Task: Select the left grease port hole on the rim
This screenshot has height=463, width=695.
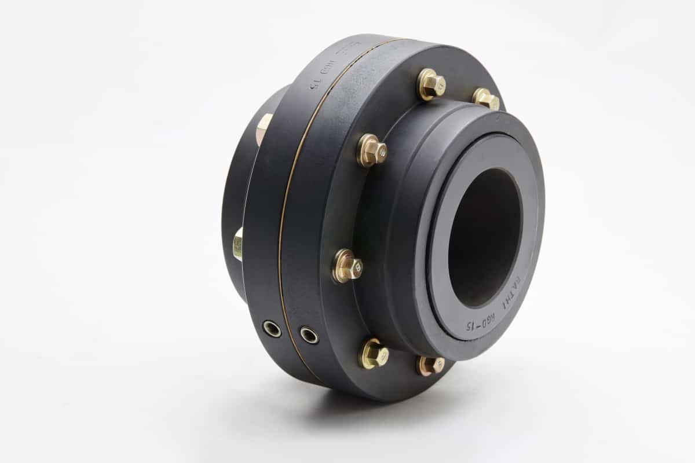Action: [272, 329]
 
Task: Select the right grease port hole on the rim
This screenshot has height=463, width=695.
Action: [309, 335]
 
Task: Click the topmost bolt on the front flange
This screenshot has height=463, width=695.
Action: [431, 84]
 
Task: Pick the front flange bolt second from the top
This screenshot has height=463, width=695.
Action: [371, 150]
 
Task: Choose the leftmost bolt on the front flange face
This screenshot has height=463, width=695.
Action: [347, 266]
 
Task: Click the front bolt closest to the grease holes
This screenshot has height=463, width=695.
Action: [373, 354]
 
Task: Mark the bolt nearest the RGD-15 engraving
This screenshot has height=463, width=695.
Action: [430, 365]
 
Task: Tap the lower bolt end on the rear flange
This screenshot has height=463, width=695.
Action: [238, 244]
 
